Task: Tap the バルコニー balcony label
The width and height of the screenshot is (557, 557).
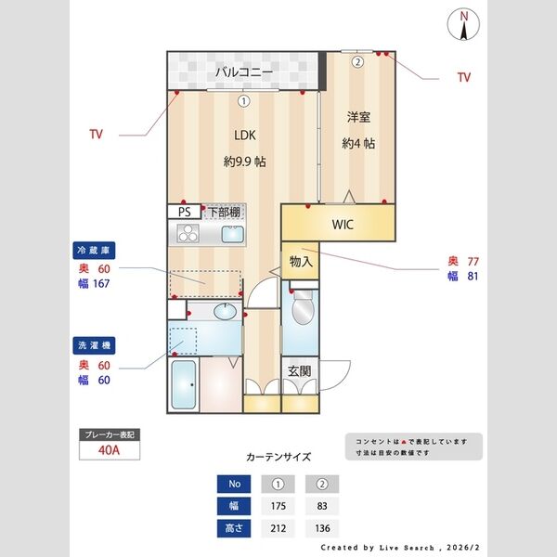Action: (244, 71)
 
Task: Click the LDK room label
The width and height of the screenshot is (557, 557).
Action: (244, 135)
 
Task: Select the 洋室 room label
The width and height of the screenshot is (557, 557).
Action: (358, 117)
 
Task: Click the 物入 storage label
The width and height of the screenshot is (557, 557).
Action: (301, 263)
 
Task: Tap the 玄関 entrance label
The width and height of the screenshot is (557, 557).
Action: (299, 371)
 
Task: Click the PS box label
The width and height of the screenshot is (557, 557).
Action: (184, 211)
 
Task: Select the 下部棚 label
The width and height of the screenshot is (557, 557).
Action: (221, 211)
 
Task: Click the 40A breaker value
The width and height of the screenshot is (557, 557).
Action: (110, 452)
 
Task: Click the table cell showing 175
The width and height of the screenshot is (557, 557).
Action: (277, 506)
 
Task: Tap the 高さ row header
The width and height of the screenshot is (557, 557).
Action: (234, 529)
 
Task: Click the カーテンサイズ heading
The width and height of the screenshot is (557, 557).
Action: (278, 457)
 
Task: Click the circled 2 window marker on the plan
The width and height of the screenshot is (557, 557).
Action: (357, 62)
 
